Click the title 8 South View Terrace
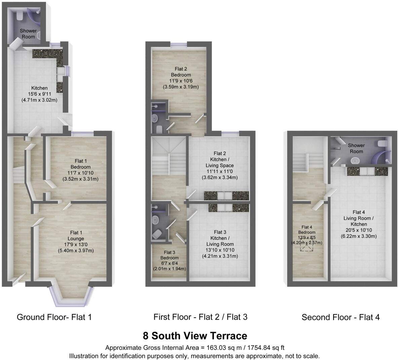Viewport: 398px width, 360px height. click(x=195, y=335)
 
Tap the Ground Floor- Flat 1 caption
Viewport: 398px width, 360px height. click(x=54, y=317)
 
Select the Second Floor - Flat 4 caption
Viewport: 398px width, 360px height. click(x=341, y=317)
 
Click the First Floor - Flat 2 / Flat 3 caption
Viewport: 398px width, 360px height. click(x=200, y=317)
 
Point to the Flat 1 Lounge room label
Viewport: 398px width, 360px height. click(x=76, y=236)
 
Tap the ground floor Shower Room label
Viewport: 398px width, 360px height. click(x=28, y=34)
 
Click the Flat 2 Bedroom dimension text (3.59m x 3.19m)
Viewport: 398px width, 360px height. click(x=181, y=87)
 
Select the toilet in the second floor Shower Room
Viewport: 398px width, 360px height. click(x=382, y=144)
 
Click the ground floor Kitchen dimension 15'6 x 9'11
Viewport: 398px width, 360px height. click(x=40, y=94)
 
